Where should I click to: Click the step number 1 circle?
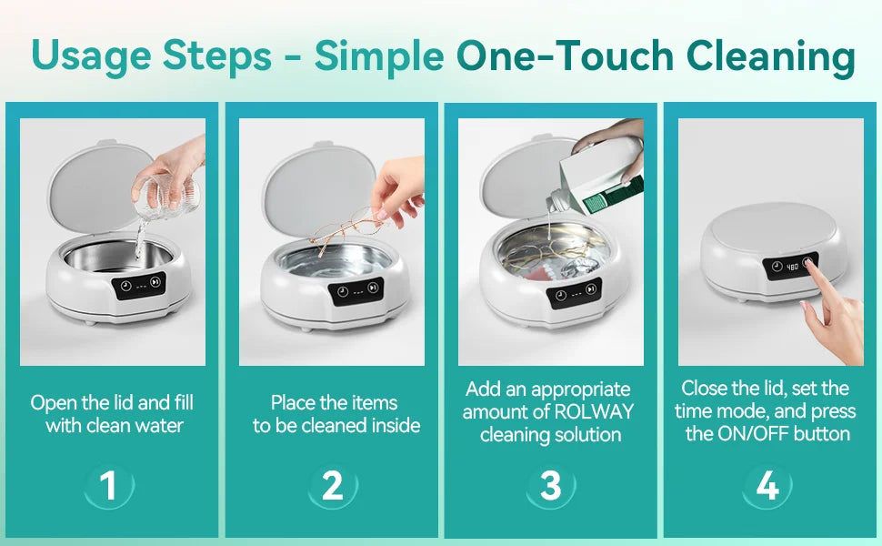(x=108, y=486)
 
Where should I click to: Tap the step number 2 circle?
(x=332, y=486)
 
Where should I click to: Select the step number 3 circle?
(x=551, y=486)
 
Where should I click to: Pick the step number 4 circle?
(x=767, y=486)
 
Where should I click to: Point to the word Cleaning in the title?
(x=770, y=56)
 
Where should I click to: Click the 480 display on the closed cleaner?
(x=791, y=267)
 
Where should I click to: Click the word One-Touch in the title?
(x=563, y=56)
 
